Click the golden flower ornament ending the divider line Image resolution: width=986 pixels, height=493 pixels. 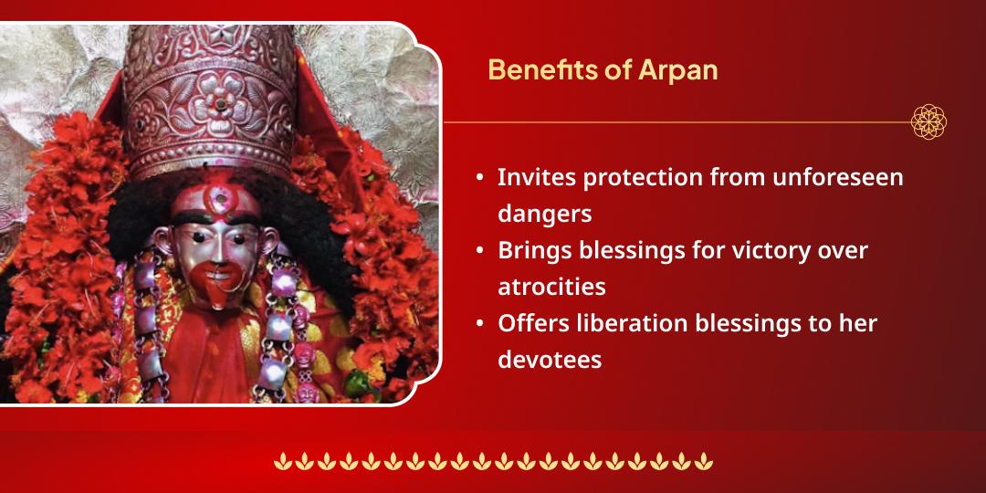[928, 121]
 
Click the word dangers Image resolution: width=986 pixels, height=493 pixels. [545, 214]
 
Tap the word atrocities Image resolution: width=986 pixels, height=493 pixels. [551, 287]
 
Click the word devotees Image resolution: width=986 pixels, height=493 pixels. [550, 360]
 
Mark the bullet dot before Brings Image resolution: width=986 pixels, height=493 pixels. [480, 250]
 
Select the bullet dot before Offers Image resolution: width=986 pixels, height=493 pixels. [480, 323]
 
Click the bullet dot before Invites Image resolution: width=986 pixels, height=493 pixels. [480, 177]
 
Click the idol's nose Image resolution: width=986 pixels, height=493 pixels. [213, 251]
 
